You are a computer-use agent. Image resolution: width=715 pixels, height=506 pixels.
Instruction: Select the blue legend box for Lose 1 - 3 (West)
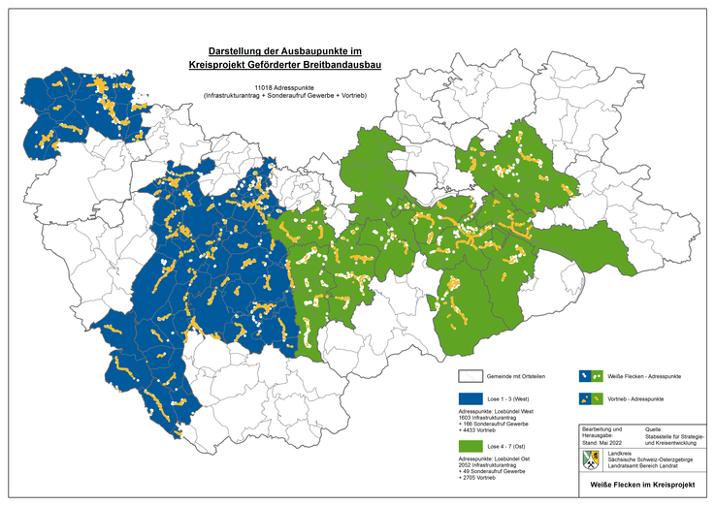click(471, 398)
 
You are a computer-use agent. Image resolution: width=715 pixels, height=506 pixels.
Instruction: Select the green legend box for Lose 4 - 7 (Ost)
click(471, 445)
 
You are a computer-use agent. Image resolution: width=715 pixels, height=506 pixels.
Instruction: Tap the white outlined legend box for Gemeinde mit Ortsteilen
click(471, 375)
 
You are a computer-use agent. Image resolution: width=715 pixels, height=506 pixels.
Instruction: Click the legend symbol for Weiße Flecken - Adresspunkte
click(589, 375)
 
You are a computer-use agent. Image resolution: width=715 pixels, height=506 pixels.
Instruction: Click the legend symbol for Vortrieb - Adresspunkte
click(589, 398)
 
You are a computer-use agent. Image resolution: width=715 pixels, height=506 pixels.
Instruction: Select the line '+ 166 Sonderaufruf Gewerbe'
click(501, 425)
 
